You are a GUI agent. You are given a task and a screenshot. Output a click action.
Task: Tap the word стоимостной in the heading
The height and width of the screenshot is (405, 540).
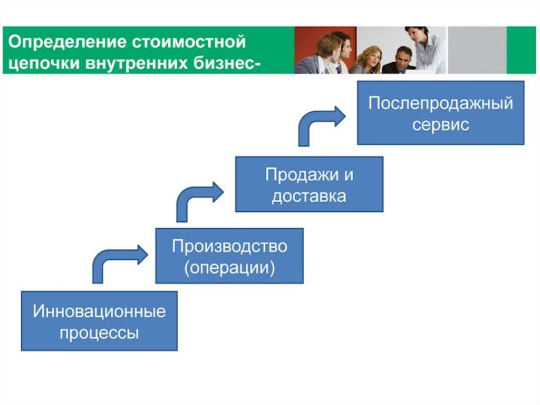[189, 42]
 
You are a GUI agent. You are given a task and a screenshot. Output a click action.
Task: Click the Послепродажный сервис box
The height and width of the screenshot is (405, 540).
[441, 113]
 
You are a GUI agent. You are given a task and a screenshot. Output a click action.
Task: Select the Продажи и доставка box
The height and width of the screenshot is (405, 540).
[309, 184]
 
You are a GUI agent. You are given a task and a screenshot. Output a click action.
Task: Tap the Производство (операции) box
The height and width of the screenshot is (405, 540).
[229, 256]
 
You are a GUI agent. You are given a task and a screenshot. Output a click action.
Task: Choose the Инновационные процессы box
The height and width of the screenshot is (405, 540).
[99, 321]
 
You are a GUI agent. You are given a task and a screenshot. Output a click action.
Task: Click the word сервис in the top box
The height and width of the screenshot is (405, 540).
[440, 125]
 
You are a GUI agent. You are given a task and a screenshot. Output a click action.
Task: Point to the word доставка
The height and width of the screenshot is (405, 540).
[309, 196]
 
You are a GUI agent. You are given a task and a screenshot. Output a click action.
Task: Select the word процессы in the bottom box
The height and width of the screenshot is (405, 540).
[99, 333]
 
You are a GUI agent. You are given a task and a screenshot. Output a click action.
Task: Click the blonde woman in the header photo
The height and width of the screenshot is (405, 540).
[370, 59]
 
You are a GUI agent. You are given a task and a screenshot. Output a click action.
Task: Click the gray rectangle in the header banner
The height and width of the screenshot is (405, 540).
[477, 50]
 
